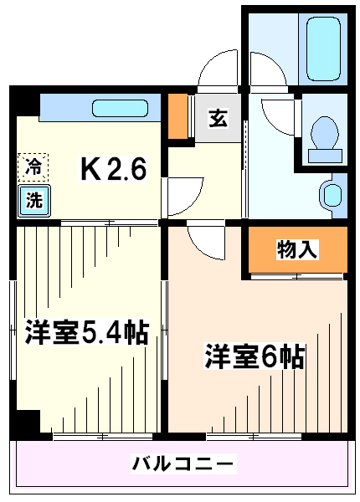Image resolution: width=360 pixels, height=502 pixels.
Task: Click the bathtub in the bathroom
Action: tap(323, 49)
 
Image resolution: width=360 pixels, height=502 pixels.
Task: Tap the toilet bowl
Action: tap(325, 132)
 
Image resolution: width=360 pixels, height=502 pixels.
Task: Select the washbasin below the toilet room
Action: tap(333, 195)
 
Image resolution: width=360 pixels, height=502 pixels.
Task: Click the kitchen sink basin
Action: tap(121, 108)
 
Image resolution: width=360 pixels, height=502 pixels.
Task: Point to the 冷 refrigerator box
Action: tap(33, 167)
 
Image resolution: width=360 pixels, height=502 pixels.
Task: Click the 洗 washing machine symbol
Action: tap(34, 201)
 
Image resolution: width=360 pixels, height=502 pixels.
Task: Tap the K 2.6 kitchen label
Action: tap(113, 169)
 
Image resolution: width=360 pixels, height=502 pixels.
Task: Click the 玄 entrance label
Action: tap(218, 118)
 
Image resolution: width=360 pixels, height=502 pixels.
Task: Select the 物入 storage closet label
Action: tap(297, 249)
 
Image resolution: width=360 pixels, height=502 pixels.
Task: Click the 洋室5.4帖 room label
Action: tap(87, 332)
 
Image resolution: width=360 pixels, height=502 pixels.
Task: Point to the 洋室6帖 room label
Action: tap(254, 356)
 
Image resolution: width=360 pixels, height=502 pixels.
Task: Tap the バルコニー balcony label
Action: tap(183, 463)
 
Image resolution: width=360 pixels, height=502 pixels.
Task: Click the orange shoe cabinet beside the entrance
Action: tap(178, 116)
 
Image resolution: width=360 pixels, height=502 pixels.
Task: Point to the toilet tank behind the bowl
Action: tap(325, 156)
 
